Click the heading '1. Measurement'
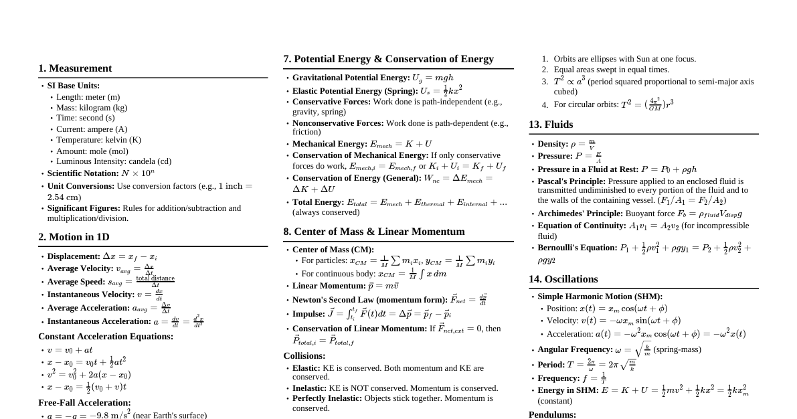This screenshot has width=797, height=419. point(75,68)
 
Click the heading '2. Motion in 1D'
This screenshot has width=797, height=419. point(74,237)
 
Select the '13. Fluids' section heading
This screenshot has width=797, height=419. point(551,124)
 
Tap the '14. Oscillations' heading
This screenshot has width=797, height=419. point(563,279)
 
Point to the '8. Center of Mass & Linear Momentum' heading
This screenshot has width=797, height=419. point(373,232)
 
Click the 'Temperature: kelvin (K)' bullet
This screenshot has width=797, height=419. point(98,140)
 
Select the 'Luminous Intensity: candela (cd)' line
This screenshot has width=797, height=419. point(114,161)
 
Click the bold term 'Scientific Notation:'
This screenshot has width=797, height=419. point(83,173)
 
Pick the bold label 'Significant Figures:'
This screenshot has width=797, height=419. point(84,208)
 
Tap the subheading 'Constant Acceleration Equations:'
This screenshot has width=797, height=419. point(106,337)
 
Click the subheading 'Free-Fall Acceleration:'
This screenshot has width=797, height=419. point(84,403)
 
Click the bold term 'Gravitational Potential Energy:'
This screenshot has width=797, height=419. point(351,78)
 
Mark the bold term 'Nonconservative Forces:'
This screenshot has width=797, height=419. point(338,123)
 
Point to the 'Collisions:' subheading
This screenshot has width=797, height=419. point(304,356)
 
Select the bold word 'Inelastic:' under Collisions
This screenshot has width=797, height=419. point(309,388)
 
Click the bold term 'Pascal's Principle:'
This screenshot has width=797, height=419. point(571,181)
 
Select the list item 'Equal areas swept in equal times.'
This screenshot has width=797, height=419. point(611,70)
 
